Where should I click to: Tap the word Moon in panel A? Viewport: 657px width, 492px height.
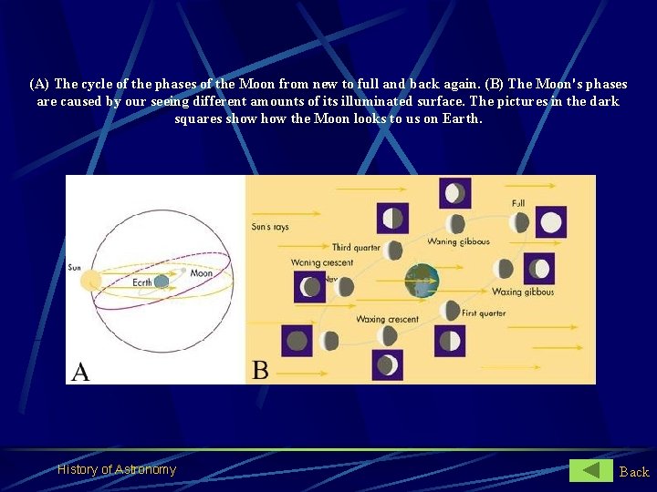click(202, 273)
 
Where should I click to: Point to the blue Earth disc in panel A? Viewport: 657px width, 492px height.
click(162, 282)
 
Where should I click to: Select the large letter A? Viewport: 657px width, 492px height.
click(81, 371)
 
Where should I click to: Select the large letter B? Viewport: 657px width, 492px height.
click(260, 370)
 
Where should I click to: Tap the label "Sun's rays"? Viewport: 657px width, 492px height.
click(270, 227)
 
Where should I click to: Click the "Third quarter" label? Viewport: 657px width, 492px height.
click(355, 247)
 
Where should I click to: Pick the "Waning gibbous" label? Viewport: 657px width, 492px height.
click(458, 241)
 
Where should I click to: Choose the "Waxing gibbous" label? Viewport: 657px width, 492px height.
click(523, 292)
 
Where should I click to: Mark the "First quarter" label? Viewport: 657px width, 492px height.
click(483, 313)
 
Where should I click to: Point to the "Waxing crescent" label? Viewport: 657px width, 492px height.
click(388, 319)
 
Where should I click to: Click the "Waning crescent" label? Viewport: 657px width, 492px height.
click(322, 262)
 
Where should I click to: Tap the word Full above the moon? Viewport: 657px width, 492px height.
click(518, 203)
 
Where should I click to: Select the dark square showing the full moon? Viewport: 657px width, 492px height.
click(550, 222)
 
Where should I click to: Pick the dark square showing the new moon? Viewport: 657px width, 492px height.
click(297, 342)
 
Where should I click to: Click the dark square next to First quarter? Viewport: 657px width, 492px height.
click(450, 341)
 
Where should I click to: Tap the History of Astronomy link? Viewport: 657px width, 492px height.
click(117, 469)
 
